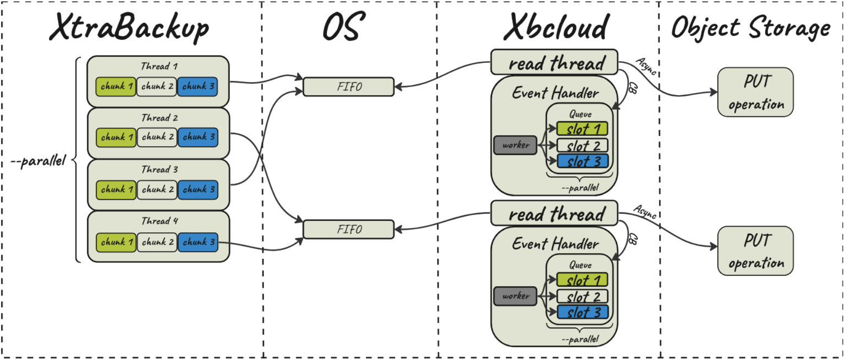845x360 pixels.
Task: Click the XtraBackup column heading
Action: tap(129, 27)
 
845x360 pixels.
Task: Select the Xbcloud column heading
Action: tap(556, 27)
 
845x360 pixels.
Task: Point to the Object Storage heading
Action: tap(751, 27)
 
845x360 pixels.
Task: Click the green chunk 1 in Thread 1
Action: tap(116, 86)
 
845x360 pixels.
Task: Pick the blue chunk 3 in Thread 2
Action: tap(198, 137)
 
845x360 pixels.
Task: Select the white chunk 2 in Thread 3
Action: tap(157, 190)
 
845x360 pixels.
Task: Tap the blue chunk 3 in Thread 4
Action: tap(198, 242)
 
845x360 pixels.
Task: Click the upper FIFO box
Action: tap(348, 87)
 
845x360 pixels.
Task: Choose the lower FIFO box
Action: tap(348, 229)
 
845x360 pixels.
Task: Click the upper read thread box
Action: tap(554, 62)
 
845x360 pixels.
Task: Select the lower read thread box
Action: tap(554, 213)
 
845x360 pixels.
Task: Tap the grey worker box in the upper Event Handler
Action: tap(515, 145)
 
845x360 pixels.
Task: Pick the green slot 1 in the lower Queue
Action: tap(582, 280)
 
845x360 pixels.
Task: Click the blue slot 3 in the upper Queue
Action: tap(582, 161)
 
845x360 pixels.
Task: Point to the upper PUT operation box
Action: tap(755, 92)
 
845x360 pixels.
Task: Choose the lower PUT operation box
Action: tap(755, 251)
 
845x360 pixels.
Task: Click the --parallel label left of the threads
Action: tap(39, 161)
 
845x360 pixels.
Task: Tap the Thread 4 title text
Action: tap(159, 221)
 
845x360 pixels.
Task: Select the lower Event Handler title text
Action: tap(555, 244)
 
